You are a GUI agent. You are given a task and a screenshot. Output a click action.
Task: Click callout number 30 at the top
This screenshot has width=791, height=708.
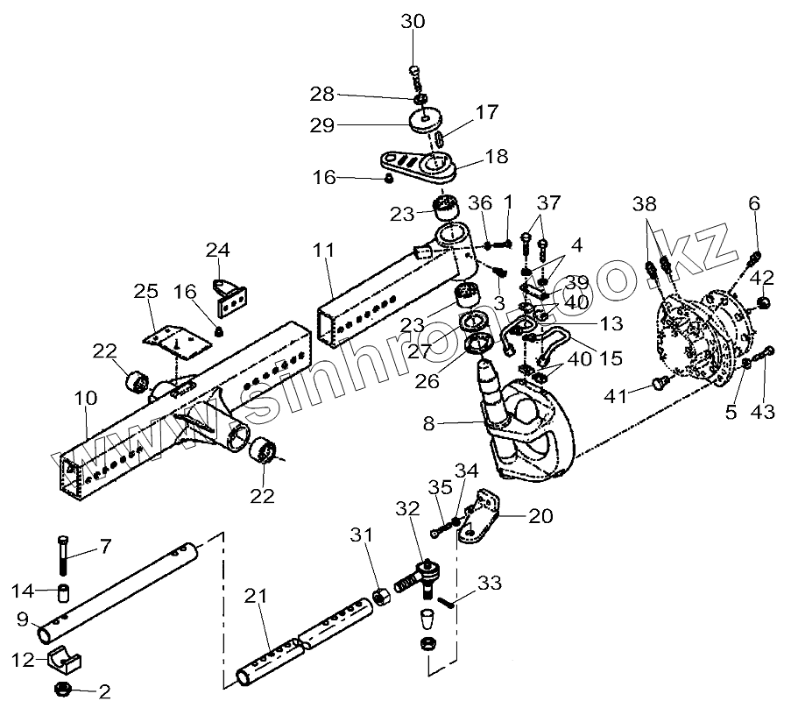pyautogui.click(x=413, y=22)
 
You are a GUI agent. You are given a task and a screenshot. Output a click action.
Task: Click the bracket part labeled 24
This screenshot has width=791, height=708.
pyautogui.click(x=232, y=294)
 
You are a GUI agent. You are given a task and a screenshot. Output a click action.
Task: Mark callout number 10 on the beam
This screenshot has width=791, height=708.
pyautogui.click(x=86, y=399)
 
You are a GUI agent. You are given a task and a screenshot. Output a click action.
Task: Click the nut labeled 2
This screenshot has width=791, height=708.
pyautogui.click(x=67, y=686)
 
